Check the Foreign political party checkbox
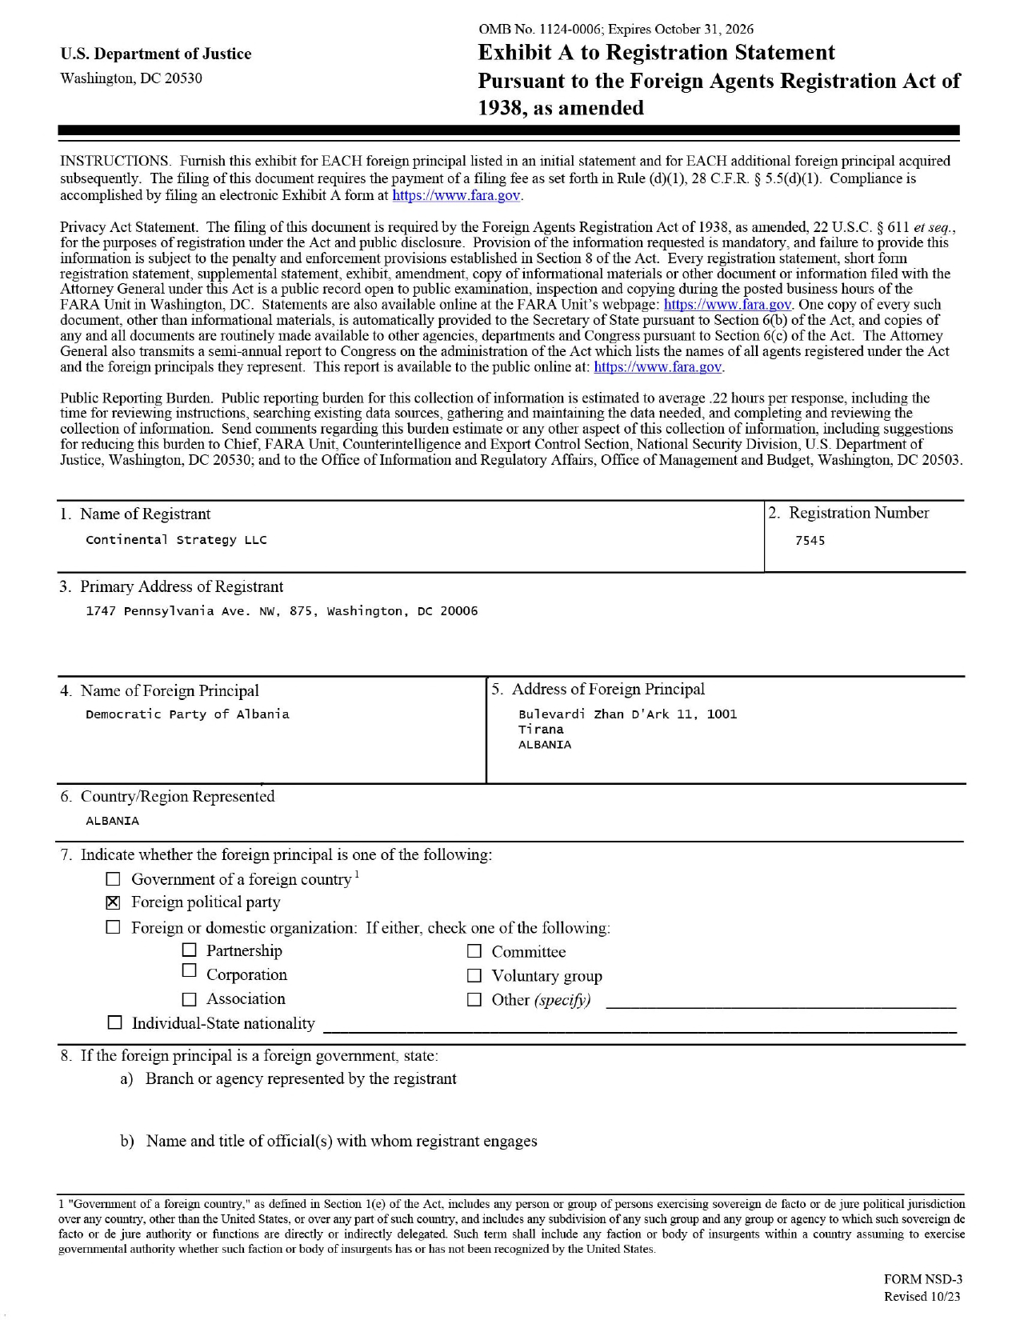114,902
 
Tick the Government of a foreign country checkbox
114,879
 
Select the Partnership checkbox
189,950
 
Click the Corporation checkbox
189,970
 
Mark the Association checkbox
189,999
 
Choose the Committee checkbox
474,951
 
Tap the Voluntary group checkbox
474,975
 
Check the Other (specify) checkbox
474,999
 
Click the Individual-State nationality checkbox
115,1023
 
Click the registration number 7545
810,541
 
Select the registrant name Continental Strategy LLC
176,540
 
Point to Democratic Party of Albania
187,714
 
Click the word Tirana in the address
541,730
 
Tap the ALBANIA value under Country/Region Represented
112,821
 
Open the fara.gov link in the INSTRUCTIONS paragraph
456,195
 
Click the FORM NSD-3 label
922,1279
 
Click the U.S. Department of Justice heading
155,54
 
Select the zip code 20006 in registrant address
458,611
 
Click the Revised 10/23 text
922,1297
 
